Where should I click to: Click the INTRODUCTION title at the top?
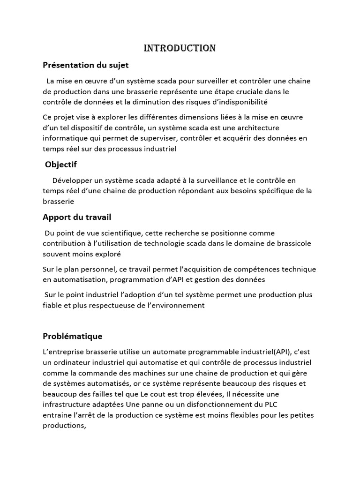[x=180, y=48]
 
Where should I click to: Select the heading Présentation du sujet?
[x=85, y=65]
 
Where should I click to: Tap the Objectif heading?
[x=60, y=165]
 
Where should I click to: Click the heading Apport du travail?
[x=77, y=217]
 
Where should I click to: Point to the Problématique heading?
[x=72, y=336]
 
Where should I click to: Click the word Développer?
[x=72, y=180]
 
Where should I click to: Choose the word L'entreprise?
[x=62, y=352]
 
